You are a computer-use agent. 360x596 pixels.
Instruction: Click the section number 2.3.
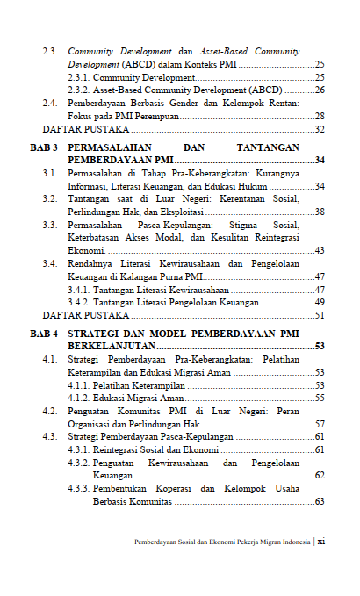point(51,52)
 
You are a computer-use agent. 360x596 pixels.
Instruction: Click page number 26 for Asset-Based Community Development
point(320,90)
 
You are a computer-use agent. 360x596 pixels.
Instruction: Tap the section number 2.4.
point(51,104)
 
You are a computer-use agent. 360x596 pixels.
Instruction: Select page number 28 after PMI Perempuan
point(320,116)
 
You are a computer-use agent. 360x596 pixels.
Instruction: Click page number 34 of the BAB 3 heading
point(320,161)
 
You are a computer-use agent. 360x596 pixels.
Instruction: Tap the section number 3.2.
point(51,199)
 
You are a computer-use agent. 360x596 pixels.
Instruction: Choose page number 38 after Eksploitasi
point(320,212)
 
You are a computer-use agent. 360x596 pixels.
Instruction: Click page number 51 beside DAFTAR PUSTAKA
point(320,314)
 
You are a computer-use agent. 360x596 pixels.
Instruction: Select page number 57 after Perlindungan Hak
point(320,424)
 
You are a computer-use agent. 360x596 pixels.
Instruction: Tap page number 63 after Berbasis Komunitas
point(320,502)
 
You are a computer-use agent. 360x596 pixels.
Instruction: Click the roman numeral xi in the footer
point(321,542)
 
